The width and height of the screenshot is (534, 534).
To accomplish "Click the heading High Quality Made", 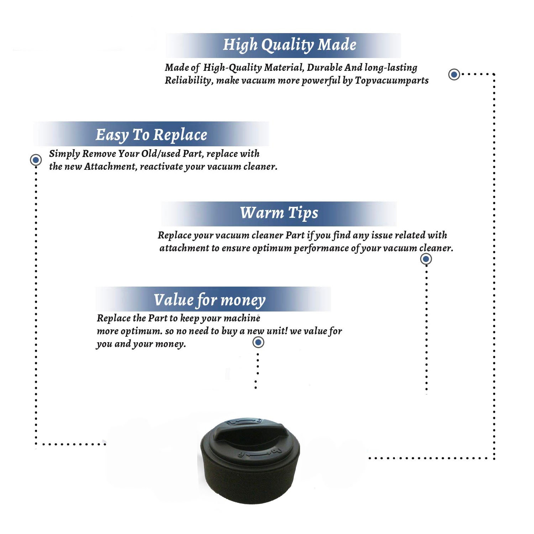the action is (289, 45).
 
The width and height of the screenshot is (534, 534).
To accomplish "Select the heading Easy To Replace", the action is (151, 135).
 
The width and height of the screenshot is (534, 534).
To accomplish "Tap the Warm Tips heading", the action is (279, 213).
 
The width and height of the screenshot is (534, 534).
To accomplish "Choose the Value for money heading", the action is (210, 300).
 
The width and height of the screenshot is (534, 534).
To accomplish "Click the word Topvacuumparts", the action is (392, 80).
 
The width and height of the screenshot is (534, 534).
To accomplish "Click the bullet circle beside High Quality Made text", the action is (454, 74).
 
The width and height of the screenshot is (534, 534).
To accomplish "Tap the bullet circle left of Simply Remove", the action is (36, 160).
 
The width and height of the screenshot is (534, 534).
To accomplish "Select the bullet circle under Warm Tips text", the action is (426, 259).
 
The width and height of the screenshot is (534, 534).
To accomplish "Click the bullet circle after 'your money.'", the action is (258, 342).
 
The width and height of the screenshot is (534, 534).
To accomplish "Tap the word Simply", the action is (64, 154).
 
